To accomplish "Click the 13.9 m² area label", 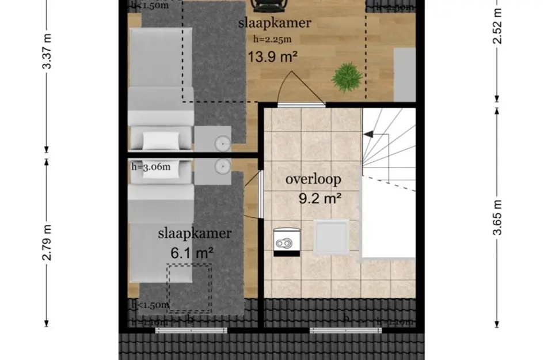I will (273, 56).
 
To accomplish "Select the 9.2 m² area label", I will (321, 199).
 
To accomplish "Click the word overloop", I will (313, 179).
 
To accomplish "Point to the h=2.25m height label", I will (272, 39).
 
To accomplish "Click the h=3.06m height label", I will (151, 167).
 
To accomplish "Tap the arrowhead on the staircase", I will (368, 135).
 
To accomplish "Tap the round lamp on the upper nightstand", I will (222, 142).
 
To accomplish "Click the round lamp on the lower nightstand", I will (222, 166).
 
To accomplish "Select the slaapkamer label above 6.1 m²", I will (195, 233).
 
